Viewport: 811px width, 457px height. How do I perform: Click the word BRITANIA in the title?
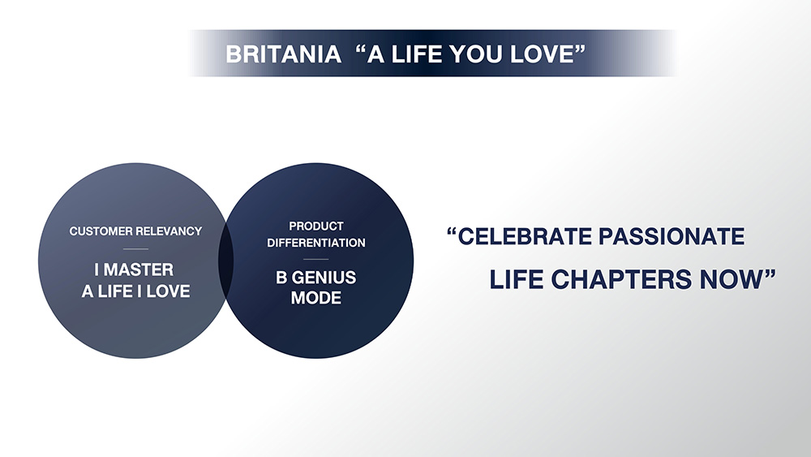pos(283,54)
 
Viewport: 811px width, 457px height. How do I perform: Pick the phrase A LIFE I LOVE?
pos(135,291)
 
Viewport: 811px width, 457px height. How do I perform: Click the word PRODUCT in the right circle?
pos(316,226)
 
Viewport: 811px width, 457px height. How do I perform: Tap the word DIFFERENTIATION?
pos(316,243)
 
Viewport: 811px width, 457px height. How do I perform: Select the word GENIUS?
pos(324,278)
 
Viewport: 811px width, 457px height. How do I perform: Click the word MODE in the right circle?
pos(316,298)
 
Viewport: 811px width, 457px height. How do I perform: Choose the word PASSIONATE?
pos(672,236)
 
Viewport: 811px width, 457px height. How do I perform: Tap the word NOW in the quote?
pos(731,280)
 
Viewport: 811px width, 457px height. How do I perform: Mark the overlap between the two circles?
pos(226,261)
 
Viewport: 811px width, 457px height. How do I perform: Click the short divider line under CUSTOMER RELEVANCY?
pos(135,249)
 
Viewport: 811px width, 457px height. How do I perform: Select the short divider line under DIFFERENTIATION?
pos(316,259)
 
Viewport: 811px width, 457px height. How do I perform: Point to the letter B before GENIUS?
pos(281,278)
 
